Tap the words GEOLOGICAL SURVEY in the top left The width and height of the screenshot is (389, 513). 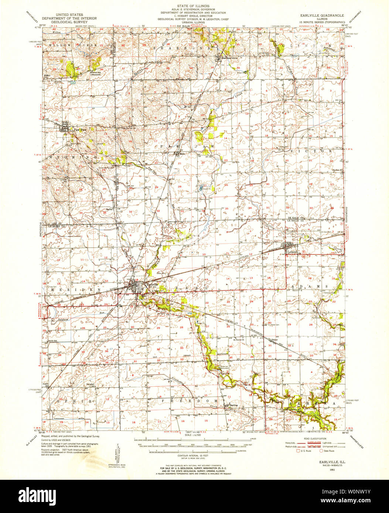(69, 22)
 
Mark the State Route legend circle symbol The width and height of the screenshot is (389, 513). (321, 451)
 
